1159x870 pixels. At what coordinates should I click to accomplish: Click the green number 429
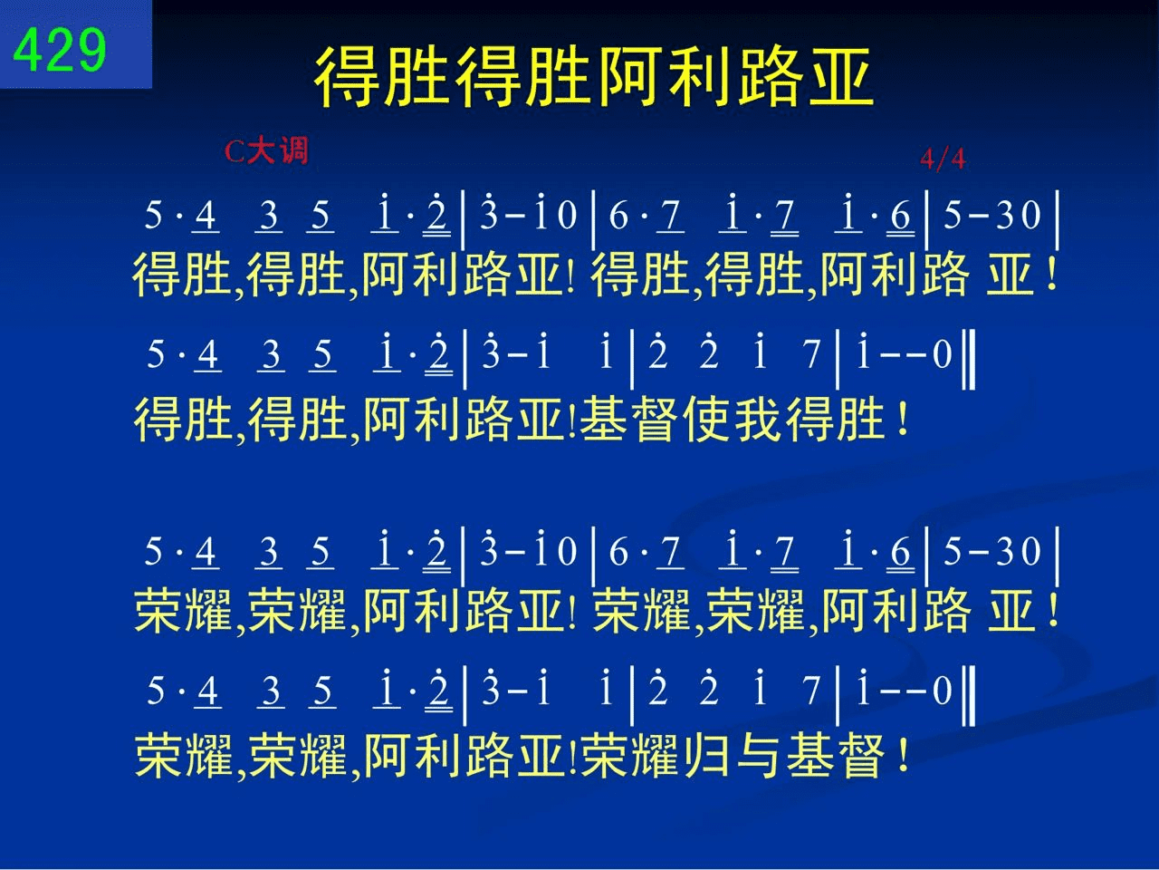tap(59, 50)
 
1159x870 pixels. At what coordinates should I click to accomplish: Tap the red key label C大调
tap(266, 151)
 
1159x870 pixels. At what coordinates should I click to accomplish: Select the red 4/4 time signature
tap(943, 159)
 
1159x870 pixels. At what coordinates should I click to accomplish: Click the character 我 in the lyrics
tap(758, 420)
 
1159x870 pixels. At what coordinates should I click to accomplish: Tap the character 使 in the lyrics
tap(706, 420)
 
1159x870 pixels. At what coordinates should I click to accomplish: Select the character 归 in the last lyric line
tap(707, 756)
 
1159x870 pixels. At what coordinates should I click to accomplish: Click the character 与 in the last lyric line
tap(758, 756)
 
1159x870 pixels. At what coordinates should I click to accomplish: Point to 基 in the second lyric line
tap(604, 420)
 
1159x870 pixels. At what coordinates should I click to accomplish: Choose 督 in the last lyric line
tap(862, 756)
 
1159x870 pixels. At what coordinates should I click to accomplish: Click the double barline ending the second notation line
tap(968, 359)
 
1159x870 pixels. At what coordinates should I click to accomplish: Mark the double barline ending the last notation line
tap(968, 696)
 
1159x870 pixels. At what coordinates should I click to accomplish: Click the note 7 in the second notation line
tap(811, 354)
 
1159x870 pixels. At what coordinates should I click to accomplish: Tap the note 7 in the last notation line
tap(811, 691)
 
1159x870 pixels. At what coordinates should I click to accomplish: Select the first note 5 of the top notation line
tap(153, 215)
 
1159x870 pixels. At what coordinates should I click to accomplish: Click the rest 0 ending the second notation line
tap(943, 354)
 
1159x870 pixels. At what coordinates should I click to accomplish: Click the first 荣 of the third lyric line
tap(158, 611)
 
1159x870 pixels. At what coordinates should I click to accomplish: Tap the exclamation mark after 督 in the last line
tap(904, 756)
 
